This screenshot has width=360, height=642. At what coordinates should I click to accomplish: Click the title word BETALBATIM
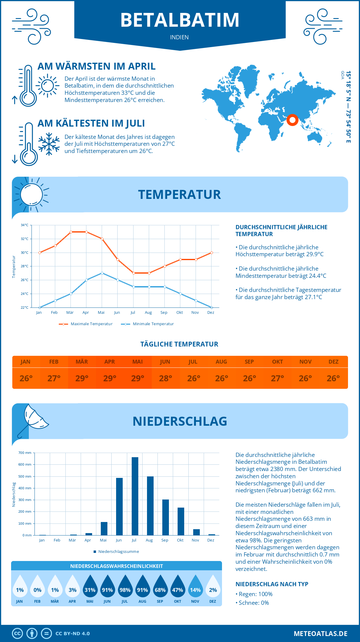click(x=180, y=20)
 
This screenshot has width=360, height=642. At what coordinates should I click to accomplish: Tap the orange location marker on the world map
click(x=292, y=120)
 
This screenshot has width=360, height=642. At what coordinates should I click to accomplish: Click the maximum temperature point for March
click(x=71, y=232)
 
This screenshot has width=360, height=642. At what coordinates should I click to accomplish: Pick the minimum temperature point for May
click(x=102, y=273)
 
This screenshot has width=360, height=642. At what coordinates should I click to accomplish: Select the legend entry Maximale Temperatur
click(x=86, y=324)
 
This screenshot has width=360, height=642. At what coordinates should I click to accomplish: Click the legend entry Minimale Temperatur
click(x=148, y=324)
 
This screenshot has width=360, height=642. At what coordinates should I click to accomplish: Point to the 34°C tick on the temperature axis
click(x=25, y=225)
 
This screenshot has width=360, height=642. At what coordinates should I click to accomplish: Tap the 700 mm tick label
click(x=25, y=453)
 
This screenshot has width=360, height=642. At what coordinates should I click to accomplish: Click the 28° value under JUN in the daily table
click(x=165, y=378)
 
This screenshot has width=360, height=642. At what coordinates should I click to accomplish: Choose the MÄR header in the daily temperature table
click(x=82, y=362)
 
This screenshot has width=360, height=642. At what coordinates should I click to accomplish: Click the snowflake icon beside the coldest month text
click(x=49, y=144)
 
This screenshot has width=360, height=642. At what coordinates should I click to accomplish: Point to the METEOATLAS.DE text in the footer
click(x=320, y=634)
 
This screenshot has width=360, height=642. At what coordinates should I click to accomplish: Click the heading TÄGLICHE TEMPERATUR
click(x=179, y=344)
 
